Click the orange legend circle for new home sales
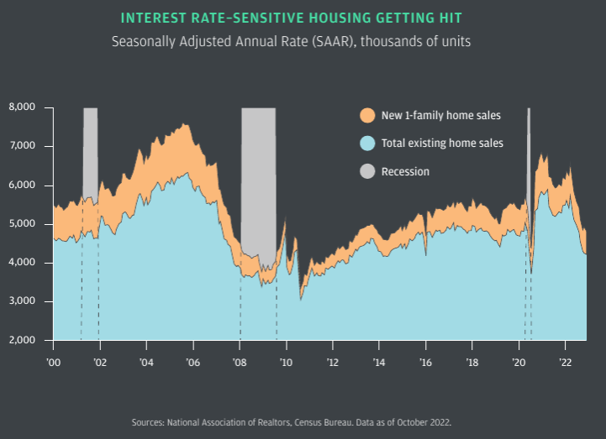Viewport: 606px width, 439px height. pyautogui.click(x=367, y=115)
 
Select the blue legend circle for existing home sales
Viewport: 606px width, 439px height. pyautogui.click(x=367, y=144)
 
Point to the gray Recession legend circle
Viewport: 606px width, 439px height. pyautogui.click(x=367, y=172)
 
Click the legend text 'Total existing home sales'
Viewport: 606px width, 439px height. pyautogui.click(x=442, y=144)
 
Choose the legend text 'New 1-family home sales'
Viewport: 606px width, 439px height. pyautogui.click(x=440, y=115)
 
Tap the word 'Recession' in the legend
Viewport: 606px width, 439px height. pyautogui.click(x=405, y=172)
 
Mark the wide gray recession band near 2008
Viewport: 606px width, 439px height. pyautogui.click(x=258, y=168)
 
